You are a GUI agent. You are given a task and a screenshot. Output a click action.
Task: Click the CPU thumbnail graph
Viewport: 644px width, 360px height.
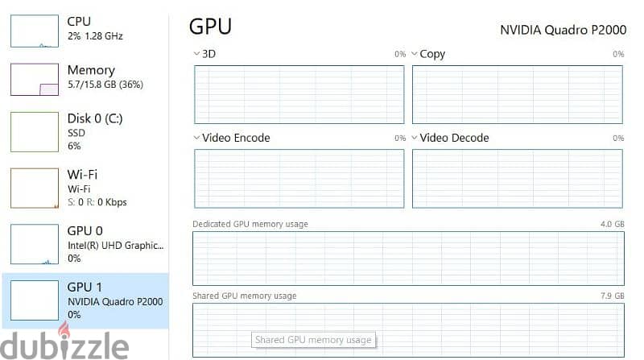tap(35, 31)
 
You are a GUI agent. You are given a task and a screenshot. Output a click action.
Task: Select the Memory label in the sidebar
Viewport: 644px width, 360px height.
tap(91, 70)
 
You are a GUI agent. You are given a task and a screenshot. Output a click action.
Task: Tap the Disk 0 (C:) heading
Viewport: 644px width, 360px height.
tap(95, 118)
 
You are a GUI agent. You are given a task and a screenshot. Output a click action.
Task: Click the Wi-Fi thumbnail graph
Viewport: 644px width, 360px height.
tap(35, 188)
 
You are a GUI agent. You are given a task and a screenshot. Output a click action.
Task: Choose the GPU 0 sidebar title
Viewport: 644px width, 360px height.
tap(85, 231)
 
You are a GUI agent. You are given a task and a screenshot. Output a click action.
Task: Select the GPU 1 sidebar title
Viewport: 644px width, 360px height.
tap(85, 287)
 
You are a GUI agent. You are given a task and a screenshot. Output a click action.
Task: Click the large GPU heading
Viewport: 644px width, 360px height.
tap(210, 27)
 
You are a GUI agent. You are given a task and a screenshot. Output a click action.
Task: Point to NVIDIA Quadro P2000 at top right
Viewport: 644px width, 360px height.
tap(563, 30)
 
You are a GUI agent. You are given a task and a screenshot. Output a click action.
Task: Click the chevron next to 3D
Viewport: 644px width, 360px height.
tap(196, 54)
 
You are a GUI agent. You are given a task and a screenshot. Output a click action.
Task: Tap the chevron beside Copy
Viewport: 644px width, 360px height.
tap(414, 54)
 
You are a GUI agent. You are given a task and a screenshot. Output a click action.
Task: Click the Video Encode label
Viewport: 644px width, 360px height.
tap(236, 138)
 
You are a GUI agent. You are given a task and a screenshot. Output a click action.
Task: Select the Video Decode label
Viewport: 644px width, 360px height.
tap(454, 138)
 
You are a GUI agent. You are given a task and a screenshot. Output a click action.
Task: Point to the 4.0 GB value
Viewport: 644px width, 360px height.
tap(612, 224)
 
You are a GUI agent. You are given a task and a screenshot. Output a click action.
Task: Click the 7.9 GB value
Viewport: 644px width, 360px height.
tap(612, 296)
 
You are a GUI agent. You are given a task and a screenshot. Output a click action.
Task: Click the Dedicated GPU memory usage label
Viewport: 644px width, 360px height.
tap(250, 224)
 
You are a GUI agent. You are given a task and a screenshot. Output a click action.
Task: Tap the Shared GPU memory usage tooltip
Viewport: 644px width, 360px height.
tap(313, 340)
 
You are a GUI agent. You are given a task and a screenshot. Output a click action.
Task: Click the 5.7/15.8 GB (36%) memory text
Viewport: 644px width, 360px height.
tap(105, 85)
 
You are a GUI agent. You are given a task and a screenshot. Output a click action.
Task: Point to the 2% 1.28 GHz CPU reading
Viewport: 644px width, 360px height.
tap(95, 36)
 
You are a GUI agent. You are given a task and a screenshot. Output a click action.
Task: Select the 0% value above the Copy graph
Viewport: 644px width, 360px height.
tap(618, 54)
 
